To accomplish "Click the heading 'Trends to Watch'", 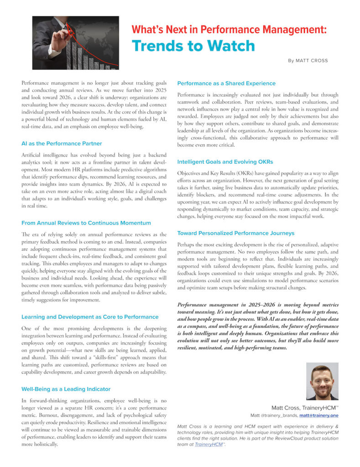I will [193, 46].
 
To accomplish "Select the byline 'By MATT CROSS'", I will [308, 61].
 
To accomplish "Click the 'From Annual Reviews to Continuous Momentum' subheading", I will [86, 223].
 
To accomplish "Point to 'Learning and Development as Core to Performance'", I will [90, 317].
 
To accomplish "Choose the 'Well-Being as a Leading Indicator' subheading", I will [66, 389].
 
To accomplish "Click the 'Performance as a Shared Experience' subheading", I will [226, 83].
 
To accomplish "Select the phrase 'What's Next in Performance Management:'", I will [229, 30].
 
